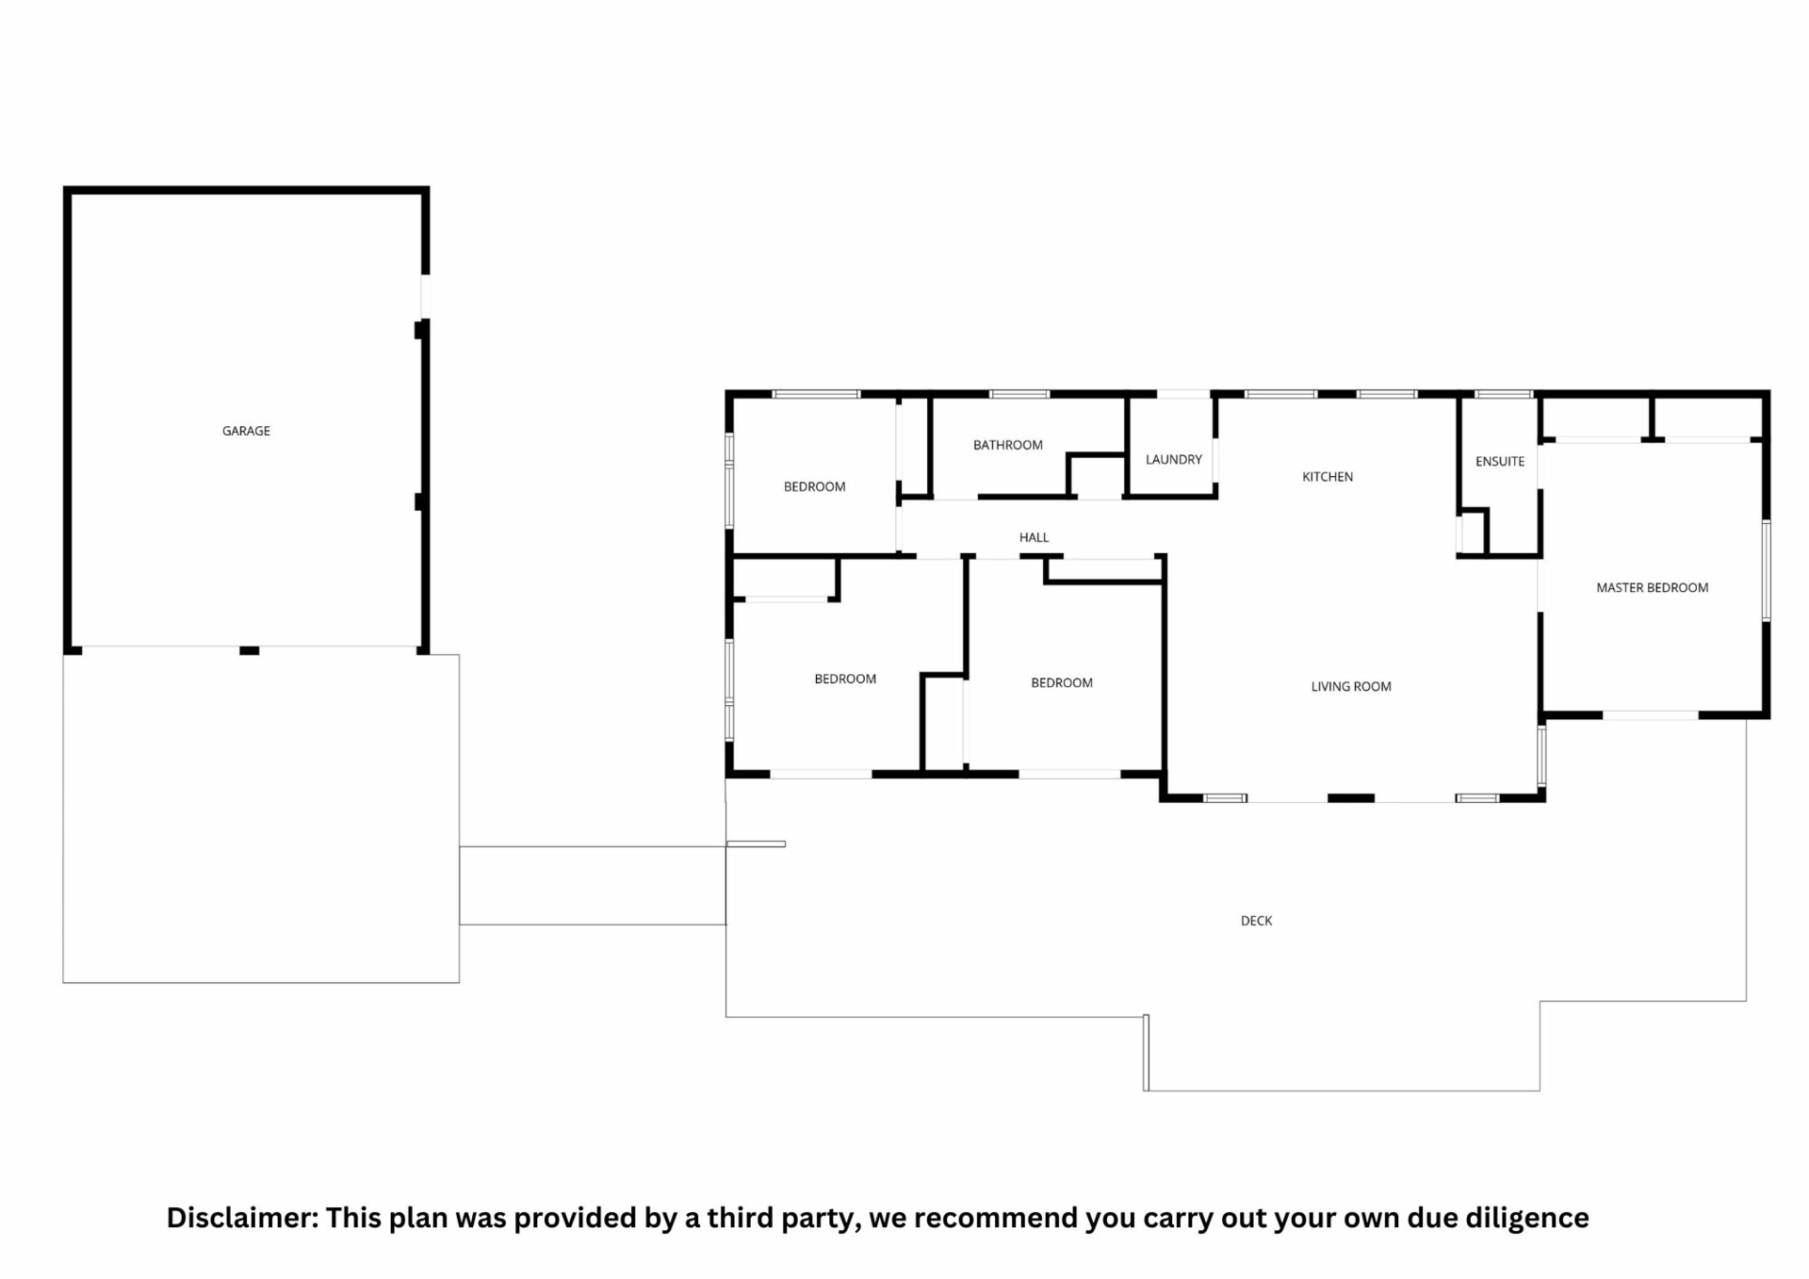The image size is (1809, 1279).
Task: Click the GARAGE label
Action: [246, 431]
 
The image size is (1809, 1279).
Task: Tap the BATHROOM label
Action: [1007, 445]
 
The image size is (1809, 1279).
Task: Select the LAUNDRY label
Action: [1173, 459]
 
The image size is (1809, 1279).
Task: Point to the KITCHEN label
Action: [1327, 477]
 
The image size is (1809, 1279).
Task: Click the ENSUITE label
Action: [1499, 461]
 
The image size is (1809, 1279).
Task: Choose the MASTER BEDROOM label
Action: [1652, 587]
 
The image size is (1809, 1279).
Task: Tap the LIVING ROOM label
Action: [1350, 686]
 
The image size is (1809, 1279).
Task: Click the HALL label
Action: [1034, 537]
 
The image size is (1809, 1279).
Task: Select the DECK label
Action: [1256, 921]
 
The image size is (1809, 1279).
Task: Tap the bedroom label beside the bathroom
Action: [814, 486]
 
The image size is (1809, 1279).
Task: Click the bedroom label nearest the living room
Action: [1061, 682]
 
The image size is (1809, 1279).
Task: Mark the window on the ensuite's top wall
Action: [1504, 394]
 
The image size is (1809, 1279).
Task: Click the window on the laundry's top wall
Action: [1183, 394]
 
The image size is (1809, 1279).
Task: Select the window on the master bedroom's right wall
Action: [1767, 571]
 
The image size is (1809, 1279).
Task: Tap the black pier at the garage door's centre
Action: [249, 650]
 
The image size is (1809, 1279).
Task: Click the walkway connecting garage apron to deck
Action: [593, 886]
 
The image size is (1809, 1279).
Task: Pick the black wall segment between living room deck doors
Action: [1351, 798]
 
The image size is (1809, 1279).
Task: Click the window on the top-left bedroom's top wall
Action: [816, 394]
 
